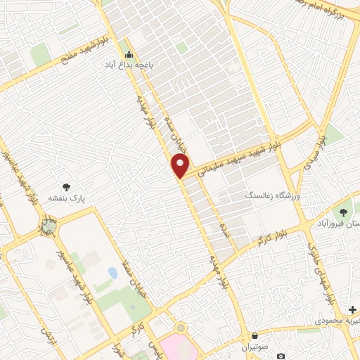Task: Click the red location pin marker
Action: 180,166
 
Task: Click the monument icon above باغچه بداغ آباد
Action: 128,53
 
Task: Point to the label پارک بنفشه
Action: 66,198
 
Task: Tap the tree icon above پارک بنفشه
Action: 66,187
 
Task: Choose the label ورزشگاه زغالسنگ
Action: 271,196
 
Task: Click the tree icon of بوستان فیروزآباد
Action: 343,212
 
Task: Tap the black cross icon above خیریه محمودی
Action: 352,309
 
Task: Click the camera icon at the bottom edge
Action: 281,356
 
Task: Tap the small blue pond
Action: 112,272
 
